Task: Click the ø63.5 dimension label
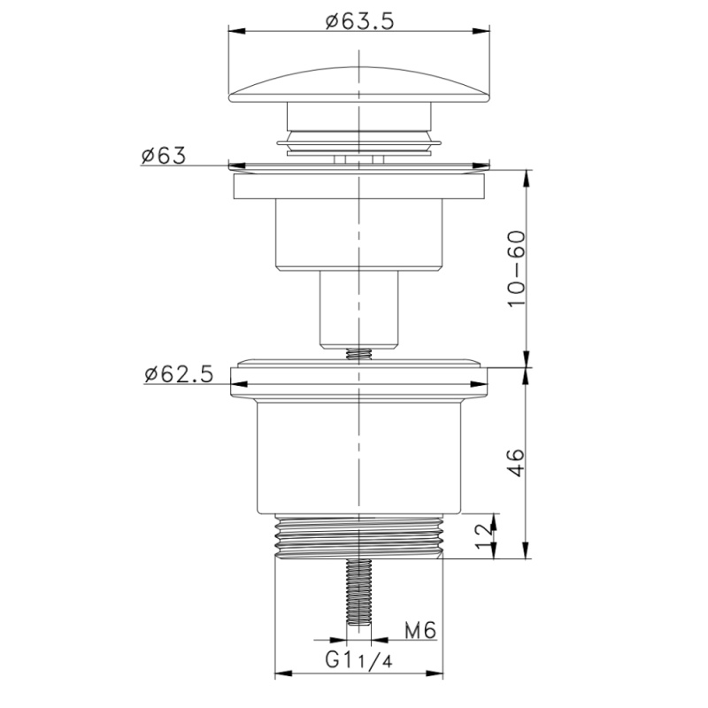(x=360, y=20)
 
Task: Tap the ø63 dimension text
(x=163, y=156)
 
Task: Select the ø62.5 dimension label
(x=179, y=374)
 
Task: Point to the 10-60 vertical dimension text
(x=517, y=269)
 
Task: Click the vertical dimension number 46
(x=517, y=462)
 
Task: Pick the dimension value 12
(x=485, y=536)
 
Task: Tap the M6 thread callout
(x=420, y=630)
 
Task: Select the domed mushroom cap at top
(x=359, y=86)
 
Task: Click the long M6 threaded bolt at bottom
(x=359, y=591)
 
